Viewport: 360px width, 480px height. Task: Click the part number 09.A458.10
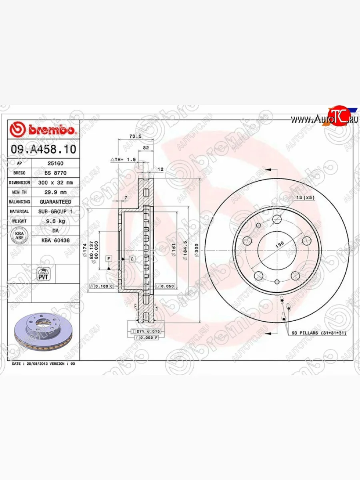pyautogui.click(x=43, y=150)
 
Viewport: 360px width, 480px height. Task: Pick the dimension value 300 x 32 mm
pyautogui.click(x=55, y=182)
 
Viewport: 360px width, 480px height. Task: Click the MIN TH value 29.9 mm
pyautogui.click(x=55, y=192)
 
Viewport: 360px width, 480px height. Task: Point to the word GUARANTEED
pyautogui.click(x=55, y=202)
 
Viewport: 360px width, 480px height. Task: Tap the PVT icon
pyautogui.click(x=43, y=274)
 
